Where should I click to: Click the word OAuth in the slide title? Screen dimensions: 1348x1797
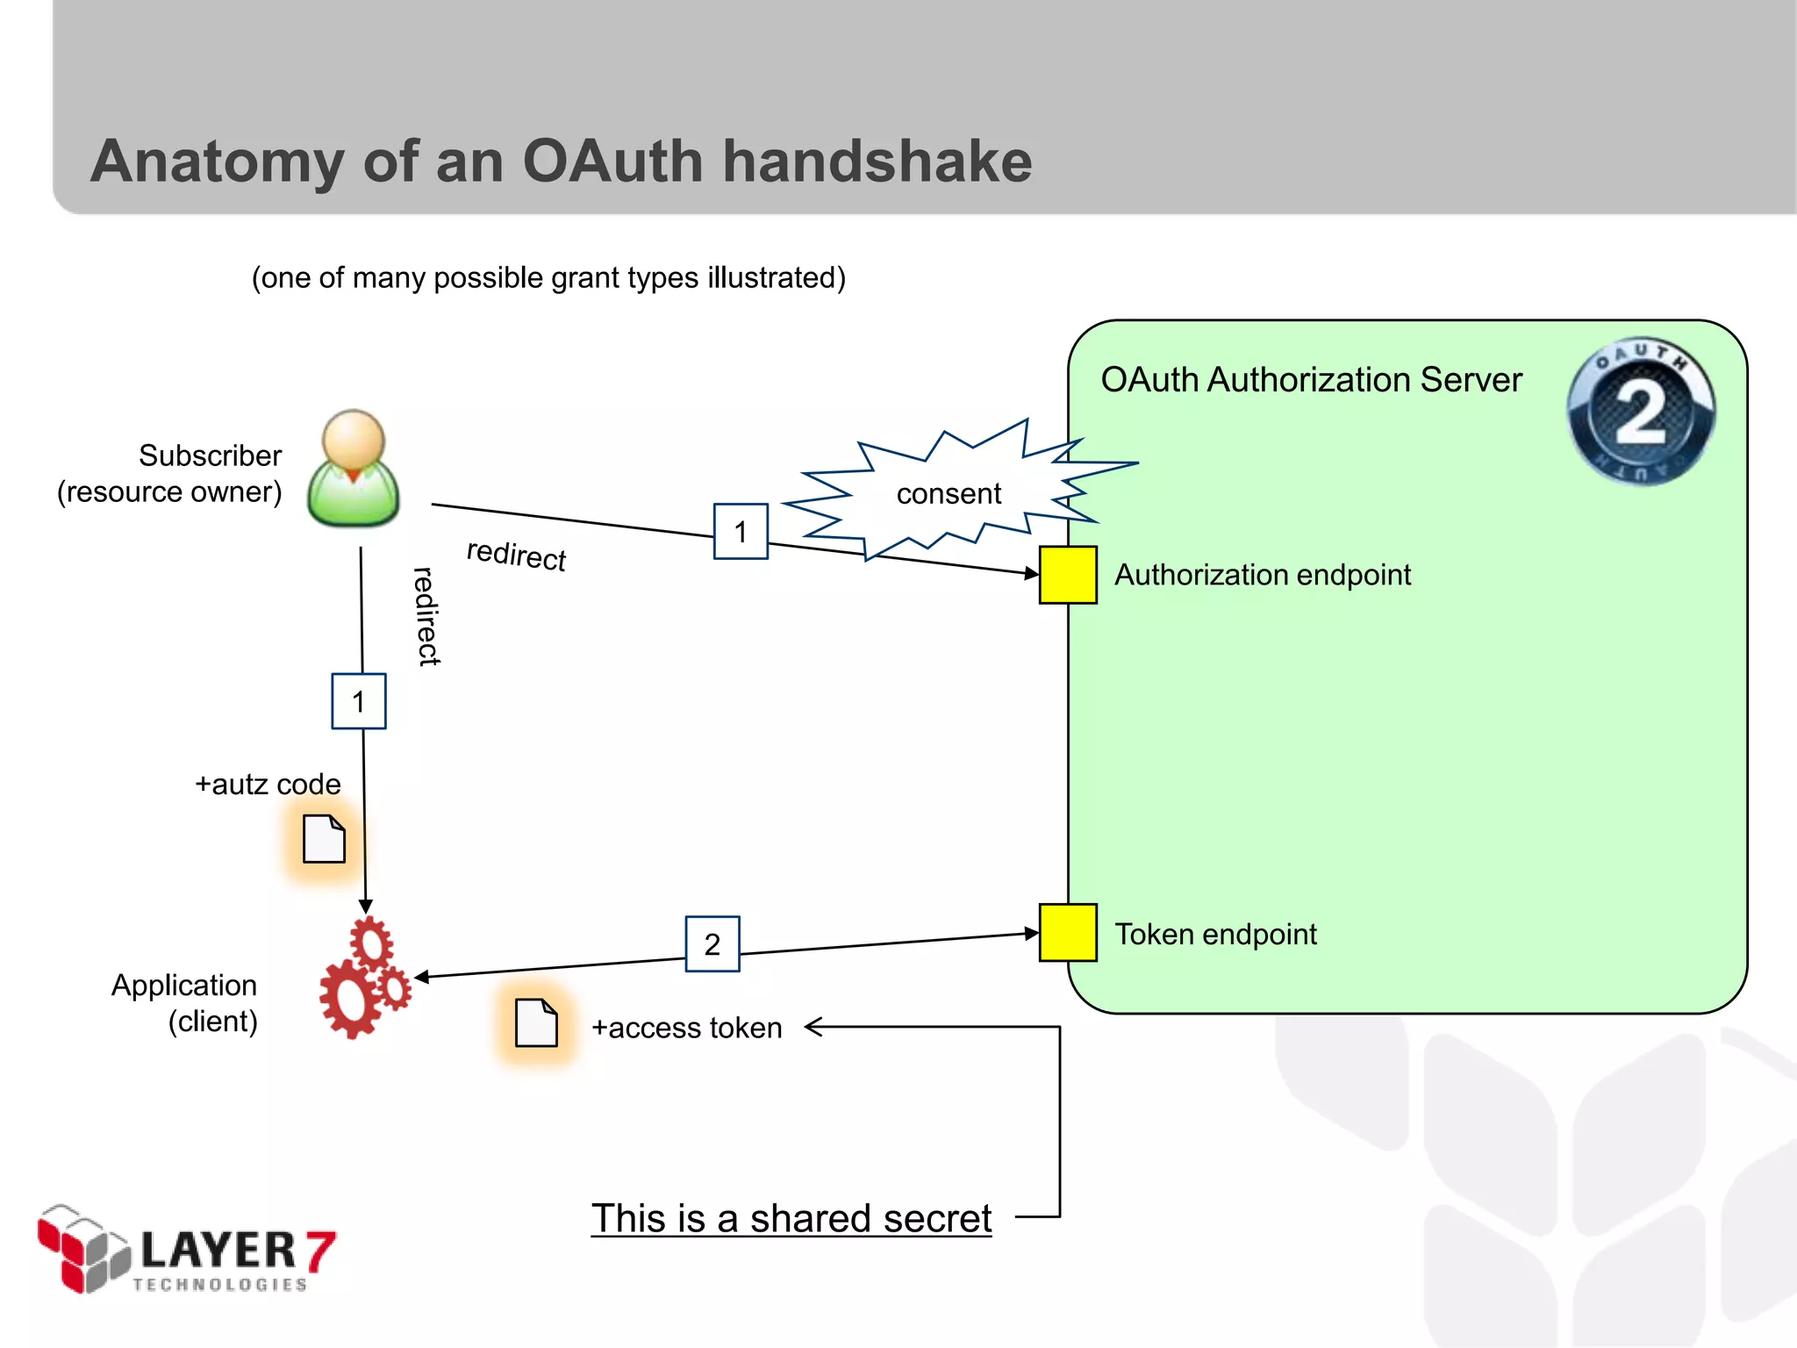click(x=612, y=161)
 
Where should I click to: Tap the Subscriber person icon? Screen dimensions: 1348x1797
click(x=354, y=469)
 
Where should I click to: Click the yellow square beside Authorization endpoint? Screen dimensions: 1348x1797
click(x=1068, y=575)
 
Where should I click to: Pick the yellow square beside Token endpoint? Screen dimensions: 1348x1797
click(x=1068, y=933)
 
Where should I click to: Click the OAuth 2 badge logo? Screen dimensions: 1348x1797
click(x=1641, y=411)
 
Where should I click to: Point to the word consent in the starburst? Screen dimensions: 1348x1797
click(x=949, y=494)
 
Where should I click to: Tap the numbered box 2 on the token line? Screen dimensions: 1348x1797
click(x=712, y=944)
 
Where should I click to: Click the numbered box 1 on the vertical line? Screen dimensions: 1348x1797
click(x=359, y=701)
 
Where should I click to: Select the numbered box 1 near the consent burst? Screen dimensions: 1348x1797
click(x=741, y=532)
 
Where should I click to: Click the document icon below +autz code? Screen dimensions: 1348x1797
click(x=324, y=839)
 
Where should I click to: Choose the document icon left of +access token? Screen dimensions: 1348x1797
click(x=536, y=1022)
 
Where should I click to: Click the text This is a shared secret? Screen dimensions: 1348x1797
click(x=791, y=1218)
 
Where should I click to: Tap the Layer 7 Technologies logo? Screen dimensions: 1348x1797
click(x=186, y=1250)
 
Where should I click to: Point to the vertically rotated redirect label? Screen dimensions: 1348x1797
click(x=426, y=616)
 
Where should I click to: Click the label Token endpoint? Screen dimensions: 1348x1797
click(x=1215, y=935)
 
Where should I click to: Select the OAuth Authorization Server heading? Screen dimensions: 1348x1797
click(x=1311, y=380)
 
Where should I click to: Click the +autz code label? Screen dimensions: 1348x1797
click(x=268, y=784)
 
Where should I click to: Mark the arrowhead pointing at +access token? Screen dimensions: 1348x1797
click(x=812, y=1027)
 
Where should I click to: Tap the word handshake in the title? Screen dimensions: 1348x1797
click(x=877, y=161)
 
